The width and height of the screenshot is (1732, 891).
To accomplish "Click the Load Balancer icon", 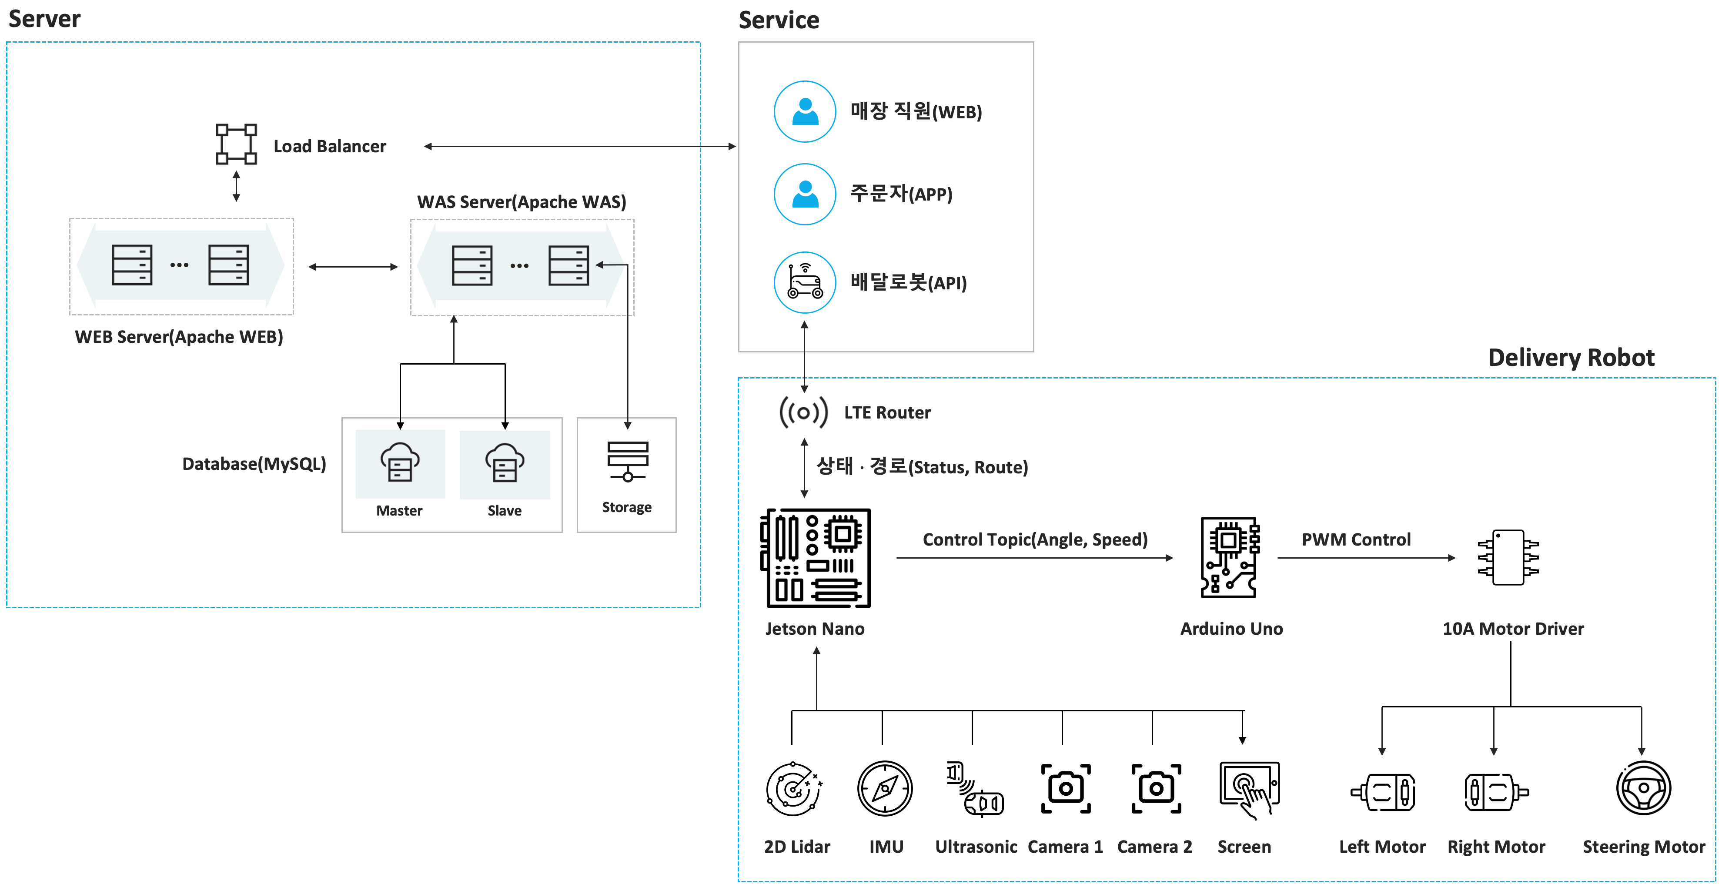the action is click(236, 144).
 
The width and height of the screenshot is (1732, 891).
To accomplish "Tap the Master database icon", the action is click(400, 462).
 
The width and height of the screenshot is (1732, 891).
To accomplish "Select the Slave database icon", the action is click(505, 462).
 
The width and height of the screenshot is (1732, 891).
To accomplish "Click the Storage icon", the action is click(627, 461).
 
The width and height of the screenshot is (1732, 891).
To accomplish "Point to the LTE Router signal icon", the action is click(803, 412).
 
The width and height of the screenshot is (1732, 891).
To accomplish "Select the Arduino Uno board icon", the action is click(1230, 557).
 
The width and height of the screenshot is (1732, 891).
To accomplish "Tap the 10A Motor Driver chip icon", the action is click(1508, 557).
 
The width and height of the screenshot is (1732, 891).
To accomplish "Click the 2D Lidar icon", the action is click(794, 789).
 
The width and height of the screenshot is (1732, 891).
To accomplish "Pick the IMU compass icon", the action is click(885, 788).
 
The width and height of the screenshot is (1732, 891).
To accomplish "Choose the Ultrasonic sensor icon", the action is click(975, 789).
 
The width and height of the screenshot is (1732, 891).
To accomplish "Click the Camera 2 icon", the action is click(1156, 788).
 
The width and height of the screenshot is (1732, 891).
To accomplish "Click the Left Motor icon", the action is click(1383, 792).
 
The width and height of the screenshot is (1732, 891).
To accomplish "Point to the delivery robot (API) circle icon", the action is click(805, 282).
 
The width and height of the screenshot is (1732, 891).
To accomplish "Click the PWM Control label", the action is click(1356, 539).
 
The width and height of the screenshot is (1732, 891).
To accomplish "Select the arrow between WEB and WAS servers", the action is click(353, 267).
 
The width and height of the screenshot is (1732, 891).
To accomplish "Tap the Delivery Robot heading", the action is click(1572, 357).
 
